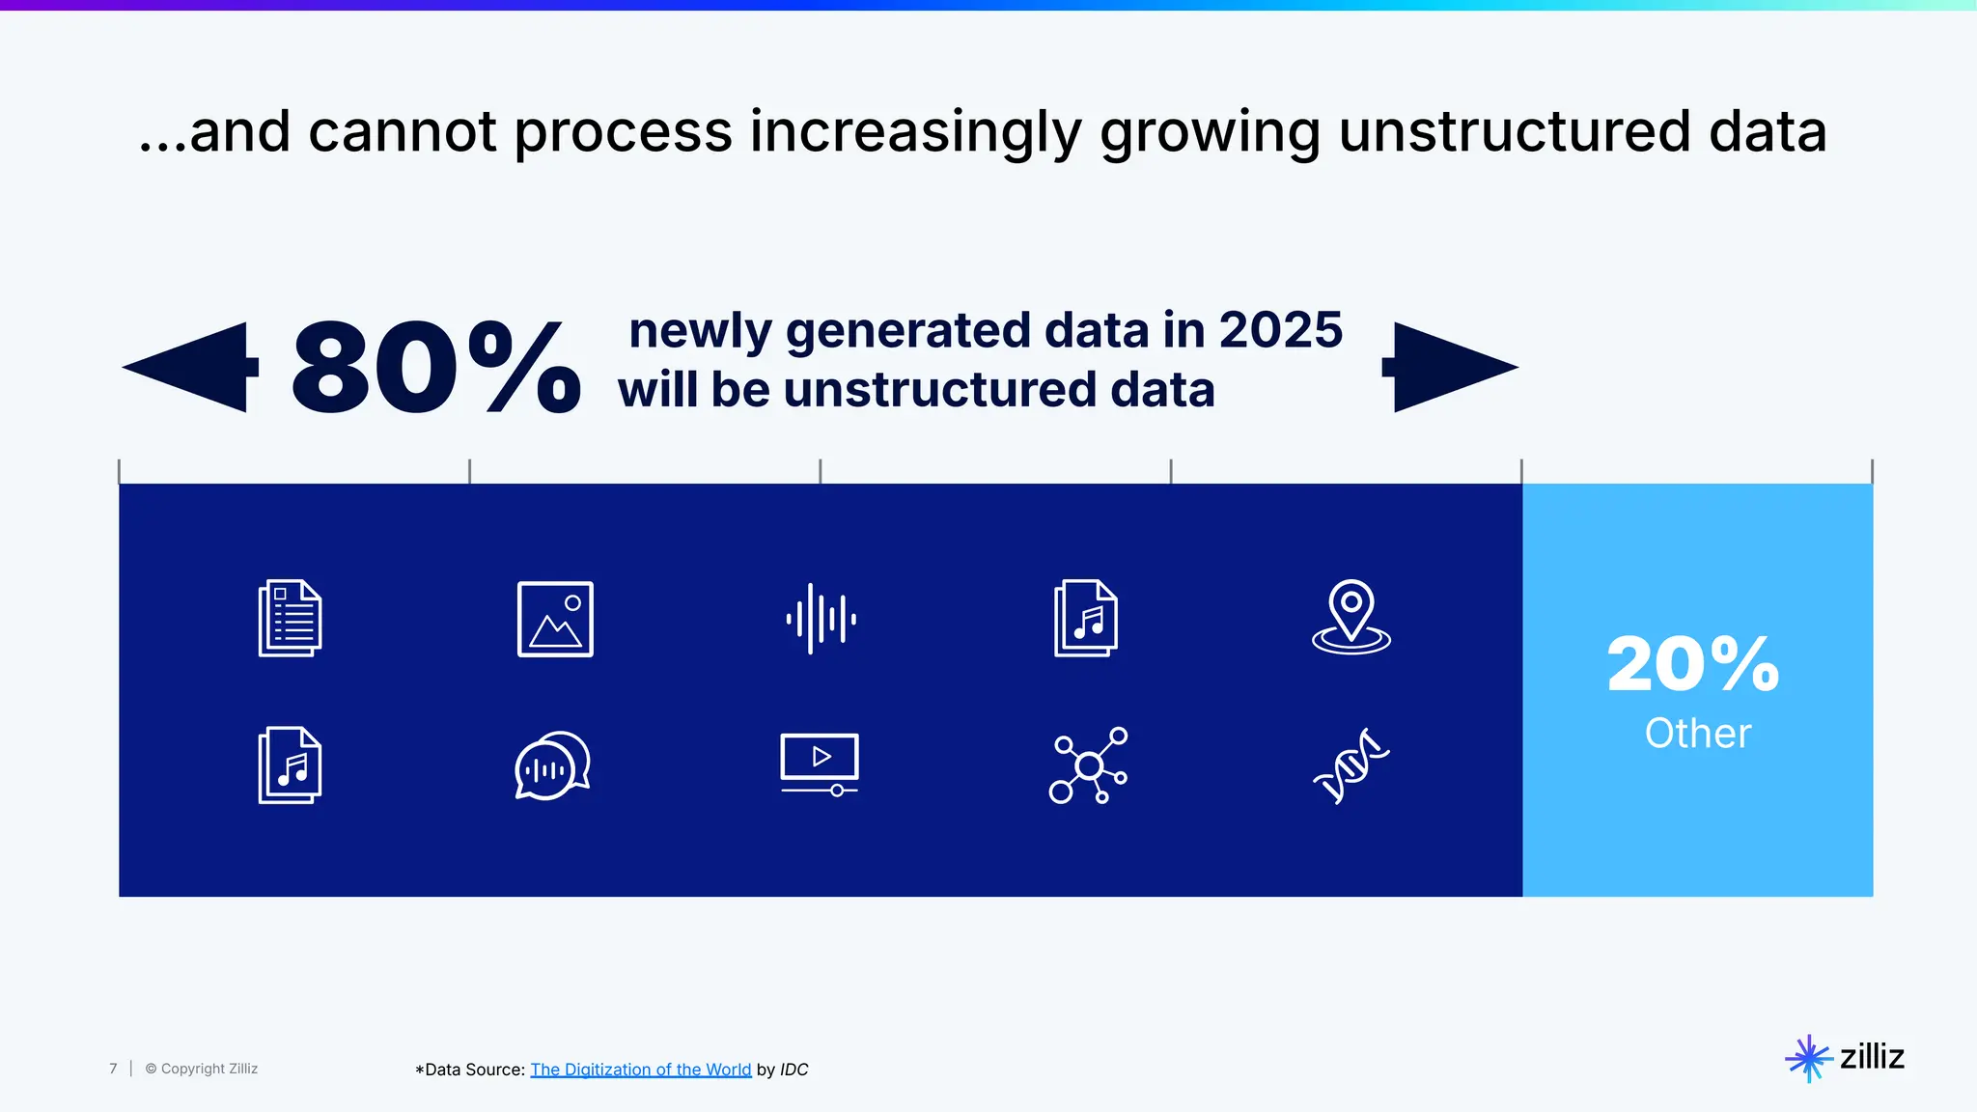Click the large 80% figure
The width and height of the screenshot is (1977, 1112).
click(434, 369)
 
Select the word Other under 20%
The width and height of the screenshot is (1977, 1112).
click(1697, 734)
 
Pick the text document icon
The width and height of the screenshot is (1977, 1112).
click(290, 619)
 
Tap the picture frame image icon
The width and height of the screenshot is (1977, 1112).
click(555, 619)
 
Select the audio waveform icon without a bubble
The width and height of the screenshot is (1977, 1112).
click(821, 619)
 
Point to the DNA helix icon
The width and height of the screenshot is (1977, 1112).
click(1350, 765)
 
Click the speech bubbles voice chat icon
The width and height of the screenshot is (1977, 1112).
click(552, 765)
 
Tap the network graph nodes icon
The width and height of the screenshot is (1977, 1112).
click(1088, 765)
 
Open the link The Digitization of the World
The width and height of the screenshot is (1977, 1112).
click(640, 1070)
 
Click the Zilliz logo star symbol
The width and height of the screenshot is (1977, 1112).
click(1808, 1058)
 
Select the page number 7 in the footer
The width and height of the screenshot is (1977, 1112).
click(113, 1069)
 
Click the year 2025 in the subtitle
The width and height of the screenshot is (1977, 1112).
click(1280, 330)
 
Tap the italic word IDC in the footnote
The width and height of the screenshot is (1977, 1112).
click(794, 1070)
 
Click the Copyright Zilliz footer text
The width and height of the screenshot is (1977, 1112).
click(202, 1069)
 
